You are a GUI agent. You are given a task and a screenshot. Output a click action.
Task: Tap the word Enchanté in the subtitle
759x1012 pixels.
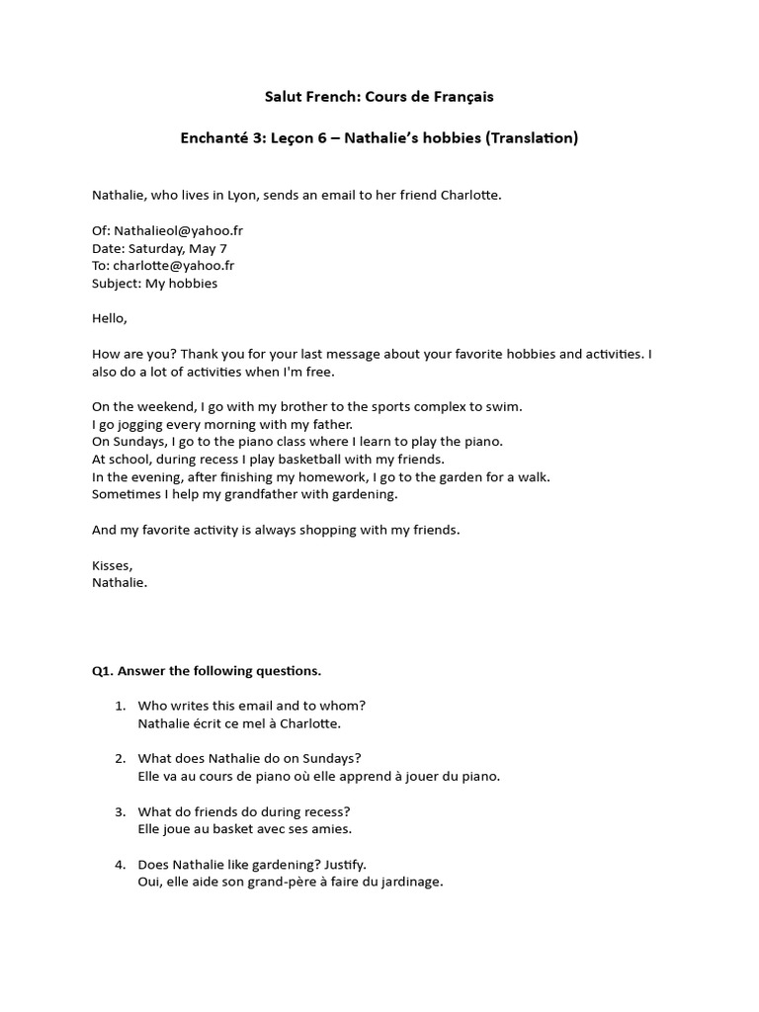click(213, 138)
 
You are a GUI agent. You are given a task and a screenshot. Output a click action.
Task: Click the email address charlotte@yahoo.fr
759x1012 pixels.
click(173, 266)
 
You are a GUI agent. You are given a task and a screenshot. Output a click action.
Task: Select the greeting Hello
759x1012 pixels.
click(110, 318)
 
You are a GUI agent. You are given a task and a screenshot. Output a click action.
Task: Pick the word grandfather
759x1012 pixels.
click(242, 494)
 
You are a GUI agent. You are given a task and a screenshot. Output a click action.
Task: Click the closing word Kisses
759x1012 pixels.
click(111, 565)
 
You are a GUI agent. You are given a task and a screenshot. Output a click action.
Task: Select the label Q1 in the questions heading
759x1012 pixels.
click(103, 671)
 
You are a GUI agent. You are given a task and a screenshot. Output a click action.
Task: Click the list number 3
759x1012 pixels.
click(120, 811)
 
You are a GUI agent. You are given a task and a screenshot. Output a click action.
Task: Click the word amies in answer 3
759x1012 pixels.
click(331, 829)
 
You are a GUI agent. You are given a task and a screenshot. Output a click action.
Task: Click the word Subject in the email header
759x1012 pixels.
click(116, 284)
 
